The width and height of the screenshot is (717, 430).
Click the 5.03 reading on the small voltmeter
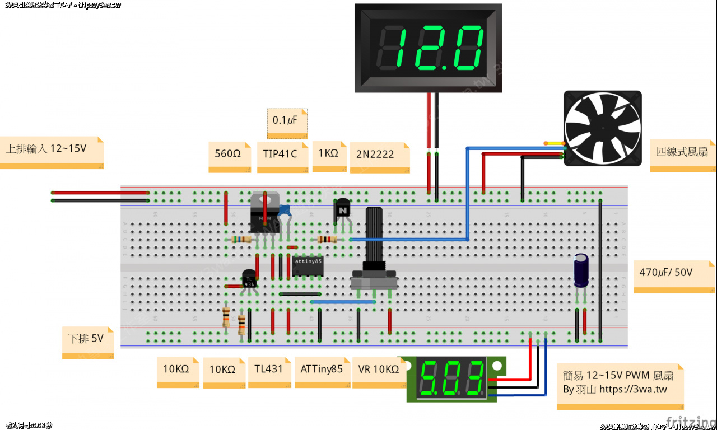451,378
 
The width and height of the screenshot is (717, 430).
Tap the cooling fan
602,129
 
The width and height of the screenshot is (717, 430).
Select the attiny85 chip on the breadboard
308,265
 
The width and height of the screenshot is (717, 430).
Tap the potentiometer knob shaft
374,235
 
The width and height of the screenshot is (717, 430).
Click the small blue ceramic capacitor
285,211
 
